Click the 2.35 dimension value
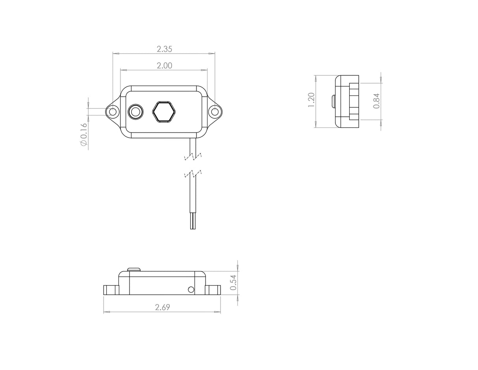coord(164,49)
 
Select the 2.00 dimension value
coord(164,66)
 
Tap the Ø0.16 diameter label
coord(83,134)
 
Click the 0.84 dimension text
coord(376,101)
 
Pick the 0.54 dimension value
coord(233,282)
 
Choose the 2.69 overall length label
coord(162,307)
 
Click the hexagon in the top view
coord(164,112)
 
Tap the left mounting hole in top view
coord(113,112)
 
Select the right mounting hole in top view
coord(215,112)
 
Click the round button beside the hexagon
coord(135,112)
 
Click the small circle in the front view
coord(191,290)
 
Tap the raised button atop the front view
coord(134,269)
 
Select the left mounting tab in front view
coord(111,290)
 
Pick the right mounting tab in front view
coord(213,290)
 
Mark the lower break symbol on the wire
coord(193,174)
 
